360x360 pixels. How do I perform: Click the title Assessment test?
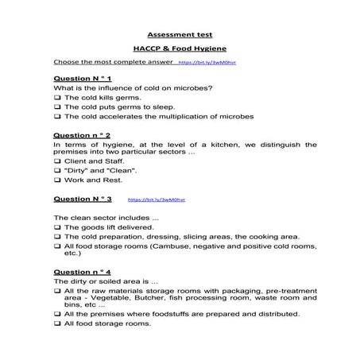click(180, 35)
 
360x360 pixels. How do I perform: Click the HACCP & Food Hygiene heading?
click(180, 48)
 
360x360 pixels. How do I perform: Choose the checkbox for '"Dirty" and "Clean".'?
click(57, 171)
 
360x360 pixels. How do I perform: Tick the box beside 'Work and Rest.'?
click(57, 180)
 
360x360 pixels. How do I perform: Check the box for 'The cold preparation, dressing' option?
click(57, 236)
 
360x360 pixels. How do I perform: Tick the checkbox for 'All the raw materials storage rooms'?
click(57, 291)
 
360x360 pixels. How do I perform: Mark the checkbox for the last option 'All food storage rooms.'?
click(57, 324)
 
